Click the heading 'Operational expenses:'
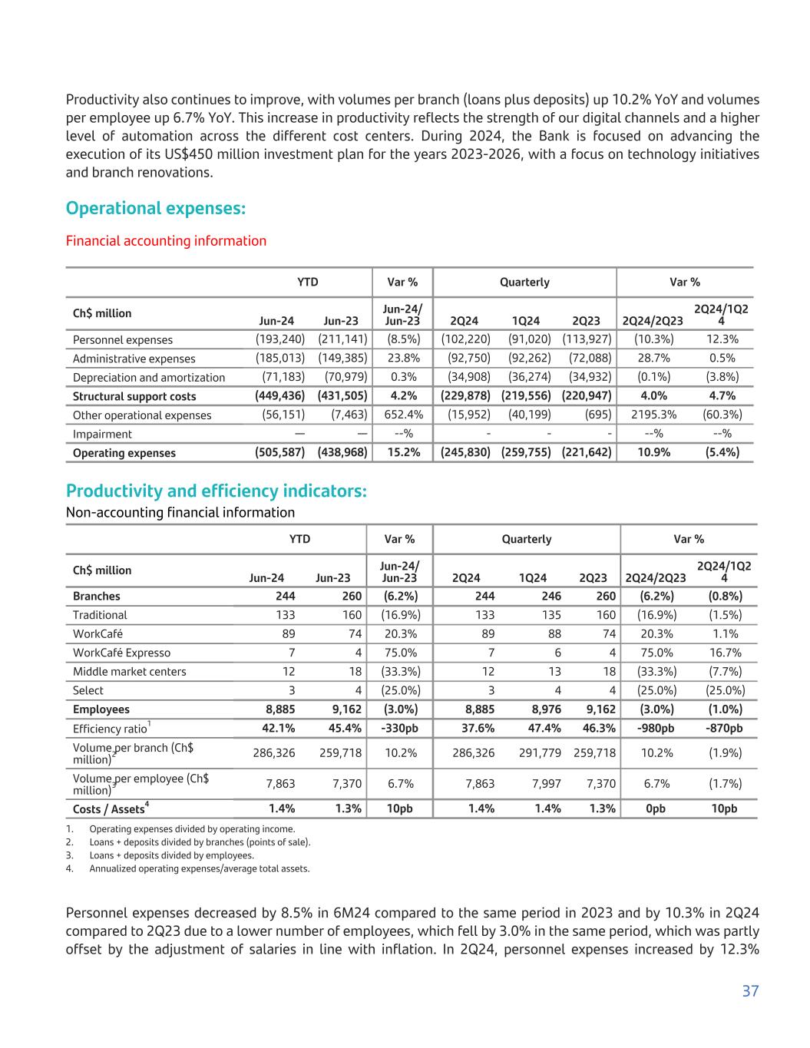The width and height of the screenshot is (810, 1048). [156, 209]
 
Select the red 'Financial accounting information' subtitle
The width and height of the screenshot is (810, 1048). [166, 241]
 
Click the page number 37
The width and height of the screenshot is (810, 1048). [750, 991]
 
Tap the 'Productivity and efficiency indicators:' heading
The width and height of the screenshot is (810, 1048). [216, 491]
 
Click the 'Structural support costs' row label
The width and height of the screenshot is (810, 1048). [134, 396]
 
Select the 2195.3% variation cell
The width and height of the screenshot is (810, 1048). [654, 415]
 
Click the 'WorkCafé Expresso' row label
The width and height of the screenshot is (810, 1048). [121, 653]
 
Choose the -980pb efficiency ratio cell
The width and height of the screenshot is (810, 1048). [654, 729]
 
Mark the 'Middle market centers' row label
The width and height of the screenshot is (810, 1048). [129, 672]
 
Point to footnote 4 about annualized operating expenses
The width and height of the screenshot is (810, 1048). [199, 868]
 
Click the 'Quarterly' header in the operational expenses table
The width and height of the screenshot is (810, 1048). [524, 282]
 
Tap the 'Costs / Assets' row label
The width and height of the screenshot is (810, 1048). [108, 809]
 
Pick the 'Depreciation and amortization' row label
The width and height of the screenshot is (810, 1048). [149, 378]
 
